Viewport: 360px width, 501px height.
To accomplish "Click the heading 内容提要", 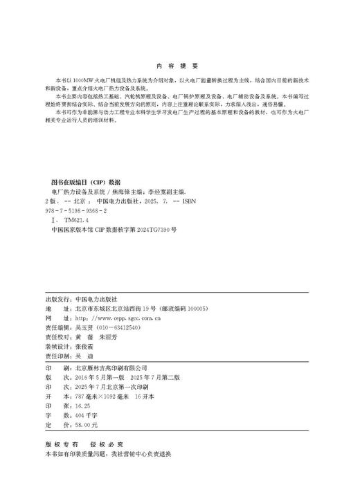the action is [178, 66].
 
